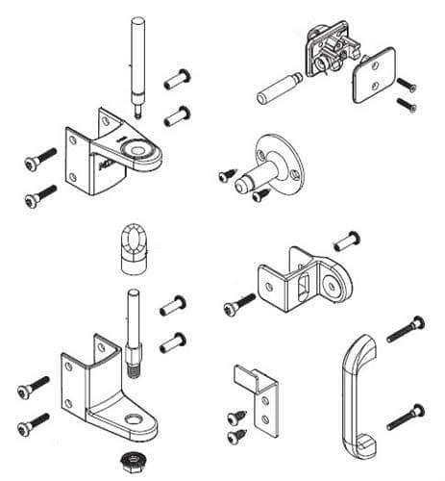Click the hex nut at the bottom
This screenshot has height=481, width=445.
(x=129, y=462)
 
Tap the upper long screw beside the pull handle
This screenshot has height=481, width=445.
(x=407, y=330)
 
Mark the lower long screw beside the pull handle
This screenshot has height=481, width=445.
(x=406, y=417)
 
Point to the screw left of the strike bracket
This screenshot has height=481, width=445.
(x=237, y=305)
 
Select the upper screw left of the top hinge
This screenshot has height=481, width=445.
(x=40, y=159)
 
